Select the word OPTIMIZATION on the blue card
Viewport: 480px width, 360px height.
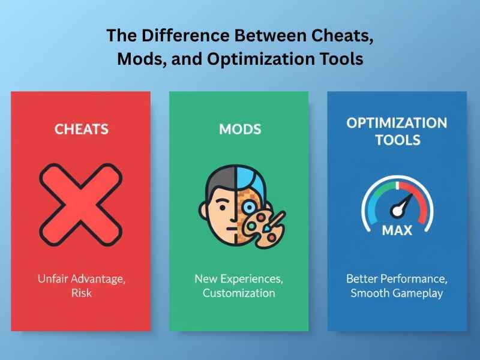point(397,123)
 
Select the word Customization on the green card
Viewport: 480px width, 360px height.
point(239,293)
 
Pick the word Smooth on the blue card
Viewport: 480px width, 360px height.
point(370,293)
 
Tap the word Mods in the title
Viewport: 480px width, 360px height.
point(137,60)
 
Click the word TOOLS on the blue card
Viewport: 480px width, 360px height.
point(397,141)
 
